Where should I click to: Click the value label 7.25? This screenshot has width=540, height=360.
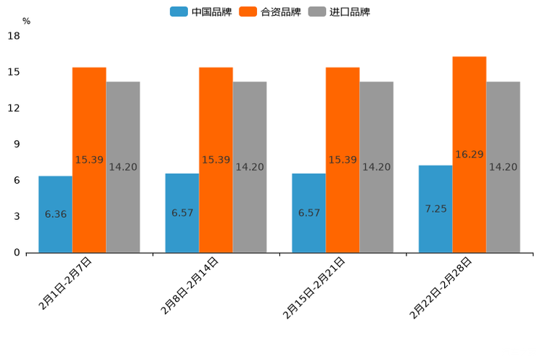(435, 208)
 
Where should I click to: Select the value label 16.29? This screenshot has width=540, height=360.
(469, 155)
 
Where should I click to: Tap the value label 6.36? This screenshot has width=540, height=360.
(55, 214)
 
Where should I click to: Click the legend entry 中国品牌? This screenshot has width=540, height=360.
(201, 12)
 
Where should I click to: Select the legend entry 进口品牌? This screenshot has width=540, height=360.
(340, 12)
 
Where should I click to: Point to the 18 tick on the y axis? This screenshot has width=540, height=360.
(14, 36)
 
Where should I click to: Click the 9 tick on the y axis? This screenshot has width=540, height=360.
(17, 144)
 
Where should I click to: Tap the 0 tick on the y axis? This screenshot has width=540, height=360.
(17, 253)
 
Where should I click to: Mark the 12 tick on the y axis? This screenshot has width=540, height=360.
(14, 108)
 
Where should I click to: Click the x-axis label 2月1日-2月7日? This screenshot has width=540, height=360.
(65, 284)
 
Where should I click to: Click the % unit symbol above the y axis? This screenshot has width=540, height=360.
(26, 21)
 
